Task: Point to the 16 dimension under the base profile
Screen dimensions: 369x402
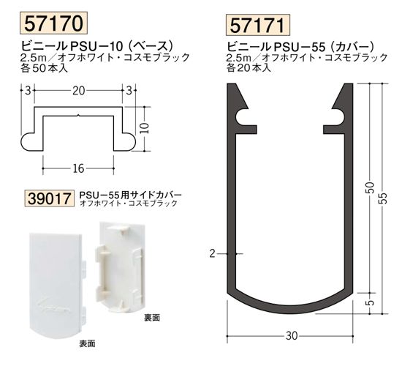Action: point(78,168)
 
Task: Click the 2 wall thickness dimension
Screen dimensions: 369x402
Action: point(211,253)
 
